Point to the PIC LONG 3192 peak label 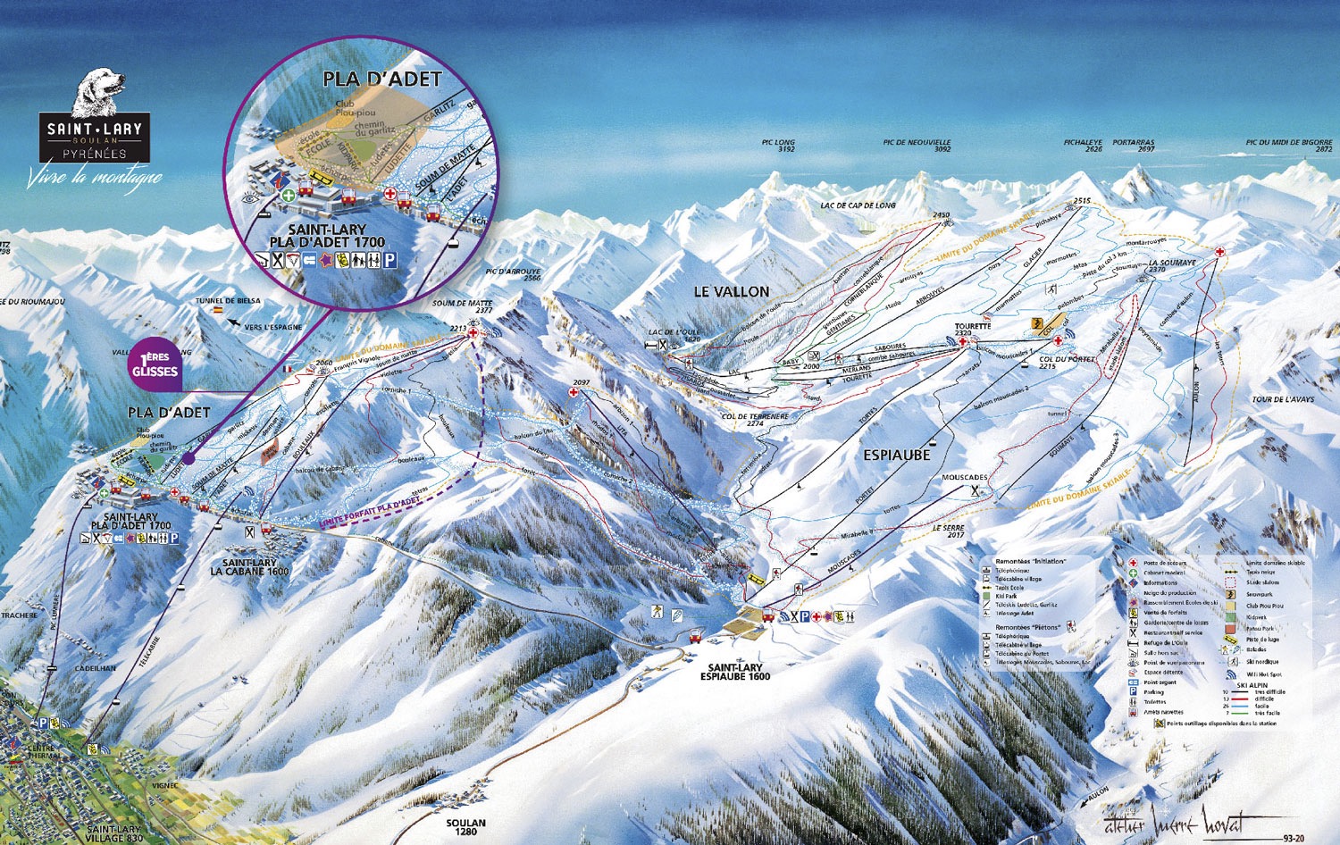778,146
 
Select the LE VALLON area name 732,291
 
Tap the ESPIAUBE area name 896,455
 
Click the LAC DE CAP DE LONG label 858,205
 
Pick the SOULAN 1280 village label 465,827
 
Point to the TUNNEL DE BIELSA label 229,301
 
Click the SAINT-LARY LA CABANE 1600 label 249,566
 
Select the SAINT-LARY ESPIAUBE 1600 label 734,672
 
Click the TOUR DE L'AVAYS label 1283,399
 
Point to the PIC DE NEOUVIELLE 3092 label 917,146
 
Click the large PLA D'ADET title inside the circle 381,79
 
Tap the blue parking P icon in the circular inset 389,261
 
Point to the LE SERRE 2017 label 949,531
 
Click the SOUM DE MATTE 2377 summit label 462,306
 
